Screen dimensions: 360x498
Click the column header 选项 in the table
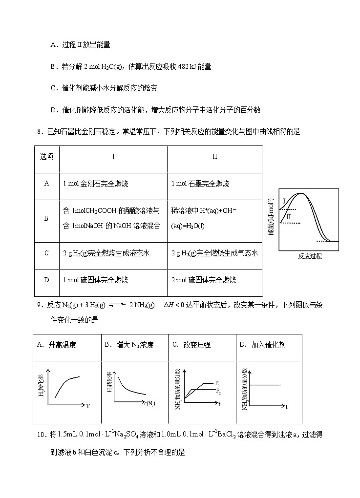coord(46,157)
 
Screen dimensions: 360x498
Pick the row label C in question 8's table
coord(46,253)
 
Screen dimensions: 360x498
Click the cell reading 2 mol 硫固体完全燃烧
coord(204,280)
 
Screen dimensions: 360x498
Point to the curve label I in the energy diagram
coord(284,201)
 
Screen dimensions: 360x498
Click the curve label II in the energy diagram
coord(289,216)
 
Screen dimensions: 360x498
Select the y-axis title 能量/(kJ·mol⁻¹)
coord(272,217)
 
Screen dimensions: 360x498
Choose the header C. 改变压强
coord(191,345)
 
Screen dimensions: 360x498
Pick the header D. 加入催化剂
coord(262,345)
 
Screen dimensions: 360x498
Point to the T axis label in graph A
coord(87,406)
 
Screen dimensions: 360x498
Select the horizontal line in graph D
coord(264,386)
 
